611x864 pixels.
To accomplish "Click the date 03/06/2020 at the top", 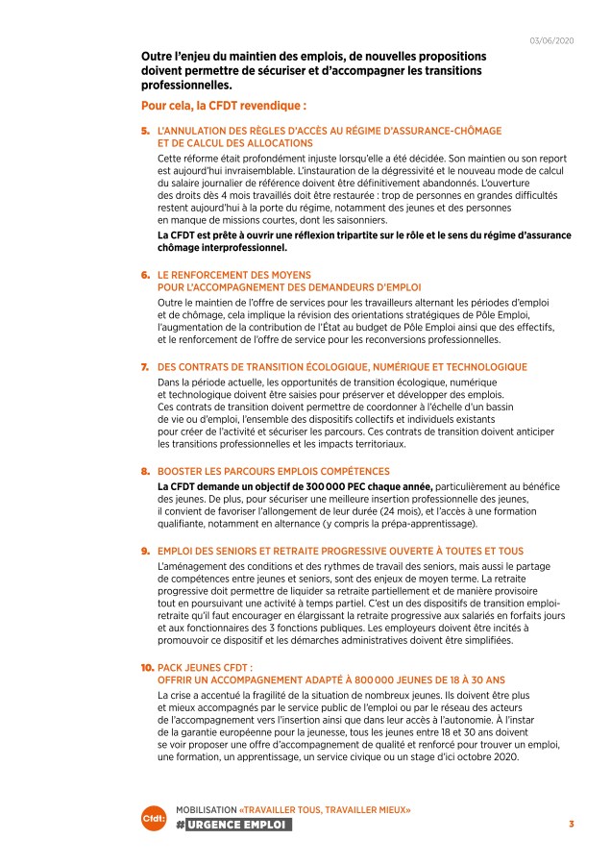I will [551, 39].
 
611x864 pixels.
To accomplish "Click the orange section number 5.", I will [145, 130].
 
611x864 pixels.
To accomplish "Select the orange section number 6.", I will [145, 274].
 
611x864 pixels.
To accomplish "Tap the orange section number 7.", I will [145, 367].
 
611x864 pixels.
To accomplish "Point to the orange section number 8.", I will [145, 472].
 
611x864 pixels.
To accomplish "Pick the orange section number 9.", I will [145, 552].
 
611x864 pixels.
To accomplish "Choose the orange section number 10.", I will [147, 667].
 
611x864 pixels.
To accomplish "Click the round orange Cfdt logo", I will [154, 820].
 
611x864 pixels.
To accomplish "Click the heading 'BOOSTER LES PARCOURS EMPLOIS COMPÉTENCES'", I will [274, 472].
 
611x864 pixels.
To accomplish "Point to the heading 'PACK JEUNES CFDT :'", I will [205, 667].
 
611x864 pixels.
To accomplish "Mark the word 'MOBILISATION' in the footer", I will [206, 809].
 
